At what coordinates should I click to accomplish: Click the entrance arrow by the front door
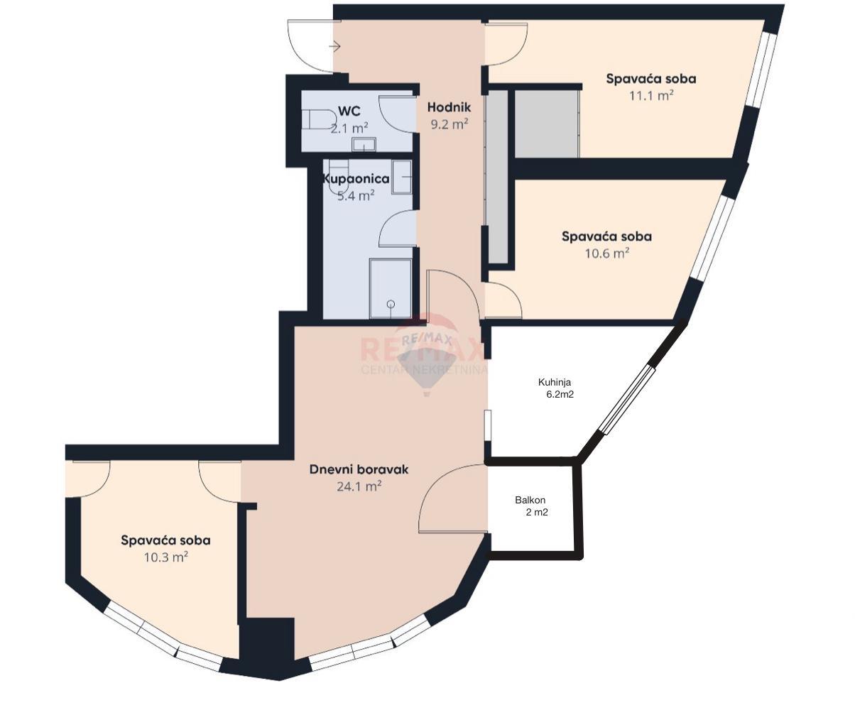(335, 47)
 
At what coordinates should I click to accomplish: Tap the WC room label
(349, 111)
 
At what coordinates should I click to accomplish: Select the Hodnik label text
(449, 107)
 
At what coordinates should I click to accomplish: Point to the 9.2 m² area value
(450, 124)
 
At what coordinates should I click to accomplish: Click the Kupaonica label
(356, 179)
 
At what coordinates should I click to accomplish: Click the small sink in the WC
(364, 145)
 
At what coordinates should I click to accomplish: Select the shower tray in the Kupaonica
(391, 288)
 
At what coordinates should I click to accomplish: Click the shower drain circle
(391, 304)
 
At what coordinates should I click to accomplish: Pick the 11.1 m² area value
(651, 96)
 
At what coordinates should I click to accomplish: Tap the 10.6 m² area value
(607, 253)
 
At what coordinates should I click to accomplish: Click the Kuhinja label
(555, 383)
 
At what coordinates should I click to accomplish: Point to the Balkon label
(530, 500)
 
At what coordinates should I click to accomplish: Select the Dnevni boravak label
(359, 469)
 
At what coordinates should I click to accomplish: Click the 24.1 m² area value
(359, 486)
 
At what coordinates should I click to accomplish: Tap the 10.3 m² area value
(166, 557)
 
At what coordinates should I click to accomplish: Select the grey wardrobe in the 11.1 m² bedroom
(547, 124)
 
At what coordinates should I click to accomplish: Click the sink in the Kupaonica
(402, 177)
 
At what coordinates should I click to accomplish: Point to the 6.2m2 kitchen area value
(560, 395)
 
